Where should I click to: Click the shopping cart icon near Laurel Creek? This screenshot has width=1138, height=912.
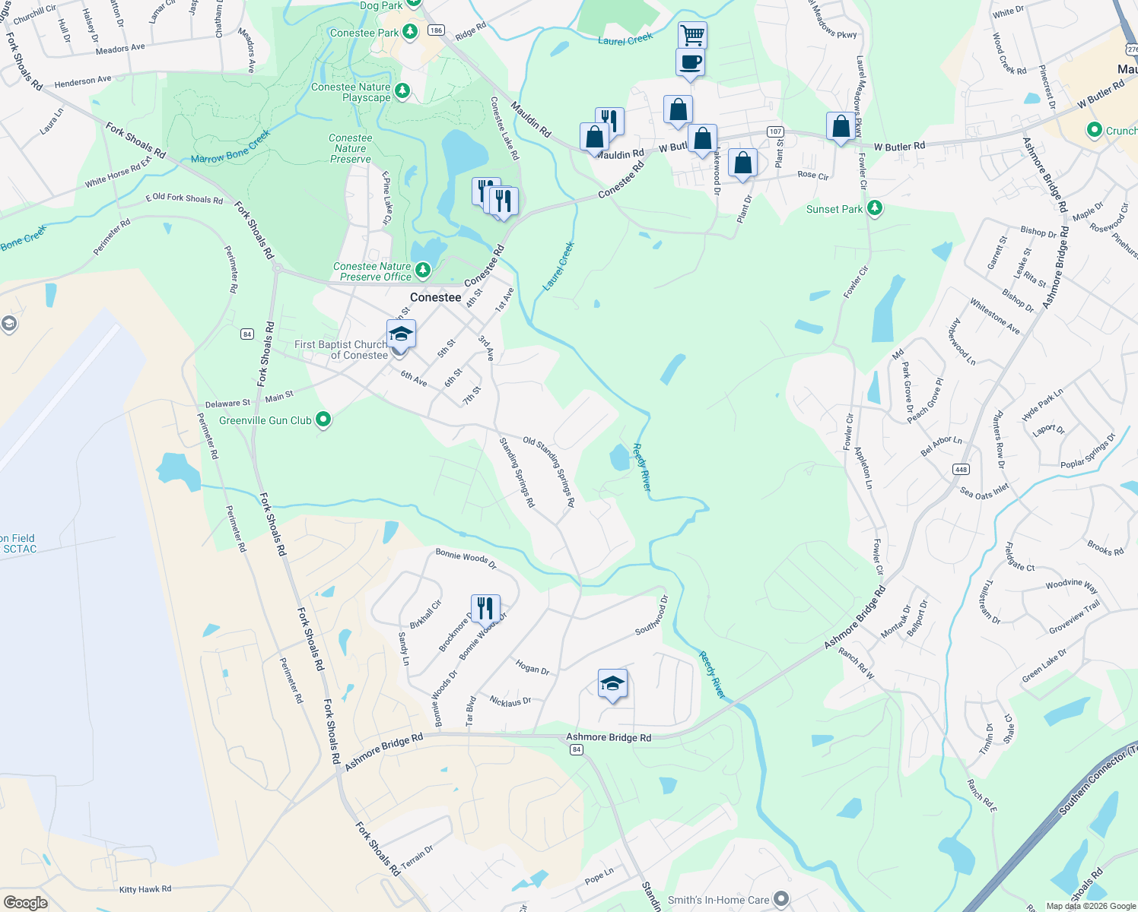click(x=692, y=34)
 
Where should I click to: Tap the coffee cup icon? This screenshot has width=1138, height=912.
click(x=690, y=62)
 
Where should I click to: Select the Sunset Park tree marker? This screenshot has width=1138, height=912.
click(x=875, y=208)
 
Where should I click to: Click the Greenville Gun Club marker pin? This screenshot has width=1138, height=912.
click(x=323, y=420)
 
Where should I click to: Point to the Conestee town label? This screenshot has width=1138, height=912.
click(x=435, y=297)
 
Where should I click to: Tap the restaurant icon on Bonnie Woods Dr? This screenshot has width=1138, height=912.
click(x=485, y=608)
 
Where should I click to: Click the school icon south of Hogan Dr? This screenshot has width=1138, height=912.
click(x=612, y=683)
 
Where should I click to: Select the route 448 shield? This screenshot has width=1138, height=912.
click(x=962, y=469)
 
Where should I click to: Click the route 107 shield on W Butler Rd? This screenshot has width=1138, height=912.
click(x=775, y=131)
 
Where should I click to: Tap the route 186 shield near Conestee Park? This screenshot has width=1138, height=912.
click(x=435, y=30)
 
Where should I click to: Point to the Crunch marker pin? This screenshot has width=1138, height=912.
click(x=1094, y=130)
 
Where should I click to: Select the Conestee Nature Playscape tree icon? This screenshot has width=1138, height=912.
click(x=402, y=91)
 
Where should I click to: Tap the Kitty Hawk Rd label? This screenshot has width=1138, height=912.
click(x=145, y=889)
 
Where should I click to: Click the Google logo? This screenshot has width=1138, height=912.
click(x=26, y=902)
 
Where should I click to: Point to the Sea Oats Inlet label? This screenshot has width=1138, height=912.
click(x=984, y=491)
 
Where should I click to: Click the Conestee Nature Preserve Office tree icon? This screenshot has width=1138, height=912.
click(x=423, y=270)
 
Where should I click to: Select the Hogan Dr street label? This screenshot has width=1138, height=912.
click(x=532, y=667)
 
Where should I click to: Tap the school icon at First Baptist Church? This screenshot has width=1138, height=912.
click(x=401, y=334)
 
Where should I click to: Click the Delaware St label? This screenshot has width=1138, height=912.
click(x=227, y=404)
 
